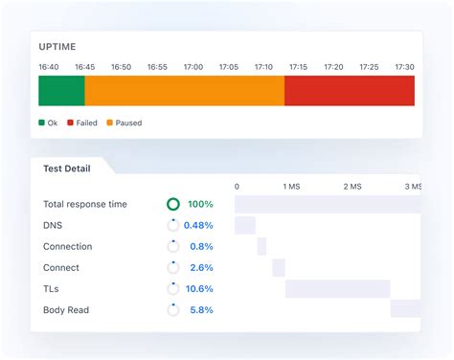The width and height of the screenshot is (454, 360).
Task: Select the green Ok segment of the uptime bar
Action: coord(61,91)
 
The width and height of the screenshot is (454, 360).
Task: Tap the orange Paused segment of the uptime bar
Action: coord(184,91)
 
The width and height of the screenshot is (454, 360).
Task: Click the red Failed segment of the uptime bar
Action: coord(350,91)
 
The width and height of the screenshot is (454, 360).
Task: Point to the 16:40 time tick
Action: coord(50,67)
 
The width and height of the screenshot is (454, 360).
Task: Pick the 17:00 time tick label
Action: coord(193,67)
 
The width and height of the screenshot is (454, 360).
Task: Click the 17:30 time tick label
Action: coord(404,67)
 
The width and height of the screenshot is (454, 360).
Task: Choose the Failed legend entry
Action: coord(81,123)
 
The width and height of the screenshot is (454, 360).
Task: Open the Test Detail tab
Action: coord(67,169)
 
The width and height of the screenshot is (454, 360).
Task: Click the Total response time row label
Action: coord(98,204)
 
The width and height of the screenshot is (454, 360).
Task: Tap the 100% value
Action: coord(200,204)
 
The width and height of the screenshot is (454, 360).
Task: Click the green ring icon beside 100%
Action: coord(173,204)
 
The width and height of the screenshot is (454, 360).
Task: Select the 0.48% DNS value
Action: coord(198,225)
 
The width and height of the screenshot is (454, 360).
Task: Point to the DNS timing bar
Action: coord(245,225)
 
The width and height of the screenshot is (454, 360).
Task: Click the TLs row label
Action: coord(54,288)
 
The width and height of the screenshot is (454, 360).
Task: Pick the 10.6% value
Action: coord(199,288)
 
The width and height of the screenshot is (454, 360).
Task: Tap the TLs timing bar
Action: coord(337,288)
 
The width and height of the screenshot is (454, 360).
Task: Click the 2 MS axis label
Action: coord(350,187)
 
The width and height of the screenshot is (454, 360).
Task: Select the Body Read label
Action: coord(68,309)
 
